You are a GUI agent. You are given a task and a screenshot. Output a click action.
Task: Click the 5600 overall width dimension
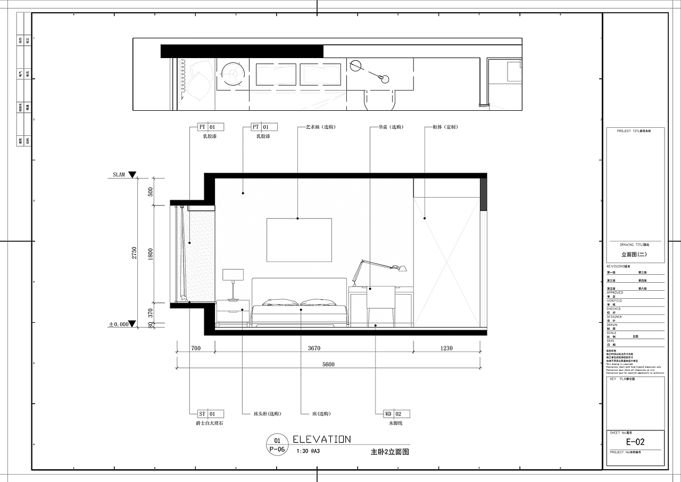pyautogui.click(x=328, y=364)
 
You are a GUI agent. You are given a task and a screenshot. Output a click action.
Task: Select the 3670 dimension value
pyautogui.click(x=314, y=348)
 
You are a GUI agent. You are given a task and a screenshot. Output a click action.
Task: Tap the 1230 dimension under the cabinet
pyautogui.click(x=446, y=348)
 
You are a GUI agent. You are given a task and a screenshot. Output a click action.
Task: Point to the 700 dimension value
pyautogui.click(x=195, y=348)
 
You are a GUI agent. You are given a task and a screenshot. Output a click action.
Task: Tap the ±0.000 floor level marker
pyautogui.click(x=119, y=324)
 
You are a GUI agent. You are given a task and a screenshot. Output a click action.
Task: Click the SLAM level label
pyautogui.click(x=119, y=175)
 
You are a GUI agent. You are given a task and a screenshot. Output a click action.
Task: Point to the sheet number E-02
pyautogui.click(x=635, y=442)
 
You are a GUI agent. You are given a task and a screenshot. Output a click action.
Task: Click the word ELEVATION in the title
pyautogui.click(x=322, y=439)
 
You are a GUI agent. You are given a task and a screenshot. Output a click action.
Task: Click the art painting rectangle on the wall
pyautogui.click(x=299, y=240)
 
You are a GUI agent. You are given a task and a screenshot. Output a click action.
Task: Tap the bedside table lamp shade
pyautogui.click(x=232, y=275)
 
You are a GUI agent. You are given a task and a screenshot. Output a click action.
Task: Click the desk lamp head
pyautogui.click(x=401, y=268)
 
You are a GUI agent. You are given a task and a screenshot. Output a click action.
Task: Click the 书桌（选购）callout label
pyautogui.click(x=391, y=127)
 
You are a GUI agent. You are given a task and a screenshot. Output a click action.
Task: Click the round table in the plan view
pyautogui.click(x=232, y=74)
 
